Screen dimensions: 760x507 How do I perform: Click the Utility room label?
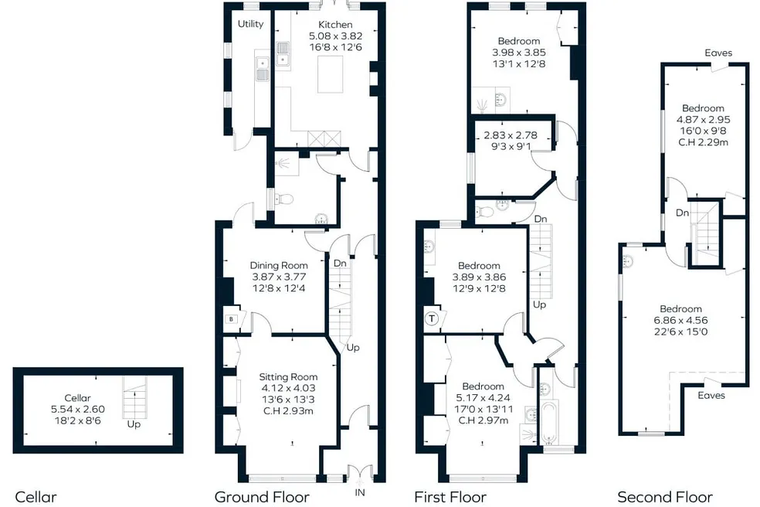tap(250, 24)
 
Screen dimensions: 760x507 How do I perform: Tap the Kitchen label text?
tap(335, 24)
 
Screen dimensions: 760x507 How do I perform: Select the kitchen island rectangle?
tap(330, 74)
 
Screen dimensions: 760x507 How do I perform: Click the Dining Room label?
tap(279, 265)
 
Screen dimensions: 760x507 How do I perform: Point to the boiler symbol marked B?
tap(231, 318)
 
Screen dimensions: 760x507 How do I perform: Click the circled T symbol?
tap(432, 318)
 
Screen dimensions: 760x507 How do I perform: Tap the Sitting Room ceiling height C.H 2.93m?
tap(288, 411)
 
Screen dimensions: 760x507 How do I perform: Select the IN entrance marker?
tap(360, 492)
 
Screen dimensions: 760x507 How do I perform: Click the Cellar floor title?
tap(36, 497)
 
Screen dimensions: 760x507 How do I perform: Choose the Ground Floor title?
tap(262, 497)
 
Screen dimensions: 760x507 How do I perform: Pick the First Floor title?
tap(450, 497)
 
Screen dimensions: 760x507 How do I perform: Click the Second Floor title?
tap(665, 497)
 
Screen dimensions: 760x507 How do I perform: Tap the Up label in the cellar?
tap(134, 424)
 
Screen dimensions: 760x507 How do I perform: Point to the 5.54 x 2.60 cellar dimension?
tap(77, 409)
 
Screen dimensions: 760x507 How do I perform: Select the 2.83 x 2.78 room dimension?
tap(511, 135)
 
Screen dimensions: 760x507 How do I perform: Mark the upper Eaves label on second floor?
tap(718, 53)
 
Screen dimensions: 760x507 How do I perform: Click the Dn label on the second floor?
tap(683, 213)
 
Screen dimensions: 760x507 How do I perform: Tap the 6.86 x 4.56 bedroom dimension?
tap(680, 320)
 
